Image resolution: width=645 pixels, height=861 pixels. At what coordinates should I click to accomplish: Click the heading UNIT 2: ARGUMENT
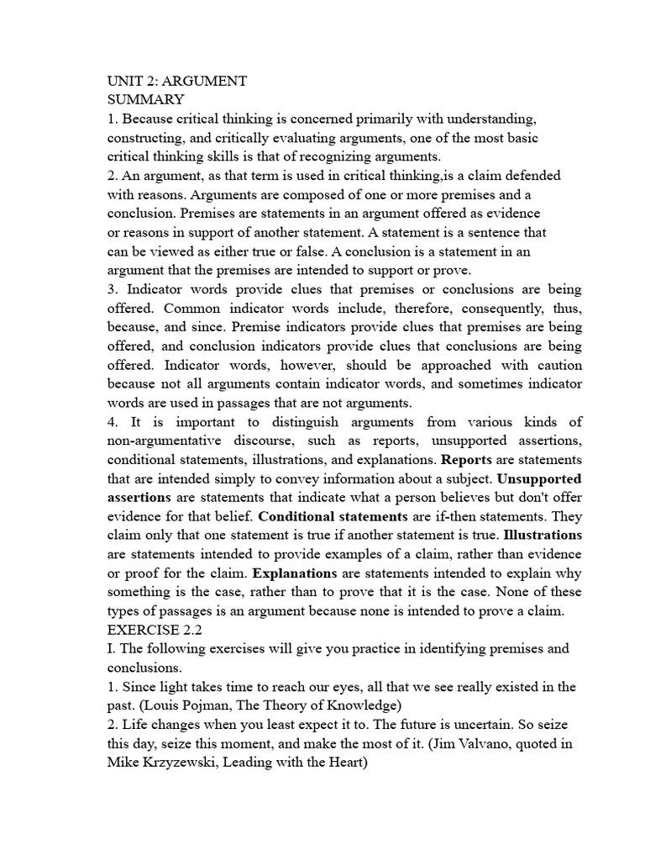tap(176, 81)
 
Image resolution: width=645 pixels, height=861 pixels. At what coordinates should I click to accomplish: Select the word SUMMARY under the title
tap(145, 99)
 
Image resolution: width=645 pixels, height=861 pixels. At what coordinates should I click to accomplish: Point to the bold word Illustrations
tap(542, 535)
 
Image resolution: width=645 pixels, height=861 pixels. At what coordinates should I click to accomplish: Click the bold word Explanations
tap(295, 573)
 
